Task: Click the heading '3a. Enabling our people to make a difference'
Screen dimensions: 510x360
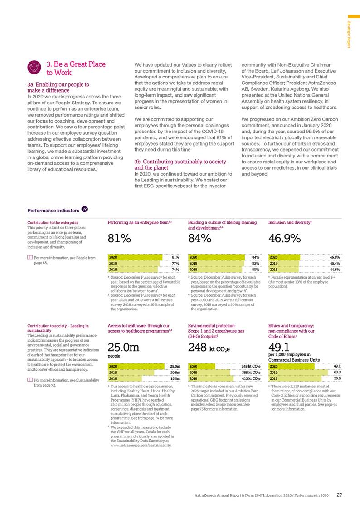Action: coord(58,87)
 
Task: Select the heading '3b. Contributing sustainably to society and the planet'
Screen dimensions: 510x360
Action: coord(180,164)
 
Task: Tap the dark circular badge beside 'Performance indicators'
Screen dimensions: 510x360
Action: coord(84,209)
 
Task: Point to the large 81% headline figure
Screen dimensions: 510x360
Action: coord(120,238)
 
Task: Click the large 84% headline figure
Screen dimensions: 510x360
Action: coord(200,238)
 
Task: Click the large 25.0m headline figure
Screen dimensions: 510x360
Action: coord(124,348)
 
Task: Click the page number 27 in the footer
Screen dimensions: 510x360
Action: coord(339,495)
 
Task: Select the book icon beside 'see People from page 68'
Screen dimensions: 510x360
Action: coord(30,258)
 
